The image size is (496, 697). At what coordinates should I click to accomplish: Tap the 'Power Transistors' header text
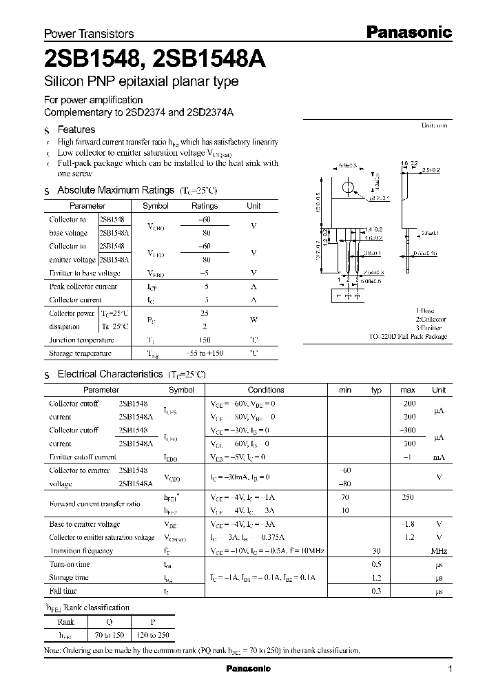pos(89,33)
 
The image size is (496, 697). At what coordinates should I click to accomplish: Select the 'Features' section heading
pos(76,129)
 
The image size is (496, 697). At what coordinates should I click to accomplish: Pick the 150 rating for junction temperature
pos(204,340)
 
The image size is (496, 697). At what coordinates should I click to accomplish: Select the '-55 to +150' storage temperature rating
pos(204,353)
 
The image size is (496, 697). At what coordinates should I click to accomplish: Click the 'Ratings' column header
pos(204,206)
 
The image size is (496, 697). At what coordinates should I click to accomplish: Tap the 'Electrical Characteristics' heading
pos(110,374)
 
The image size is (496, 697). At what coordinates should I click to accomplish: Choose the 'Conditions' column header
pos(265,390)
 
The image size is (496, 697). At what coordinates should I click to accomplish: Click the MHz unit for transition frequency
pos(438,551)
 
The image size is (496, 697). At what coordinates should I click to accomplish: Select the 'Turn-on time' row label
pos(70,564)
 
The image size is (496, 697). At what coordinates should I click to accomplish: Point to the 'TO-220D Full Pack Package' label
pos(409,337)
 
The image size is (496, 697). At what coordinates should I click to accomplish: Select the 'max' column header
pos(407,390)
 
